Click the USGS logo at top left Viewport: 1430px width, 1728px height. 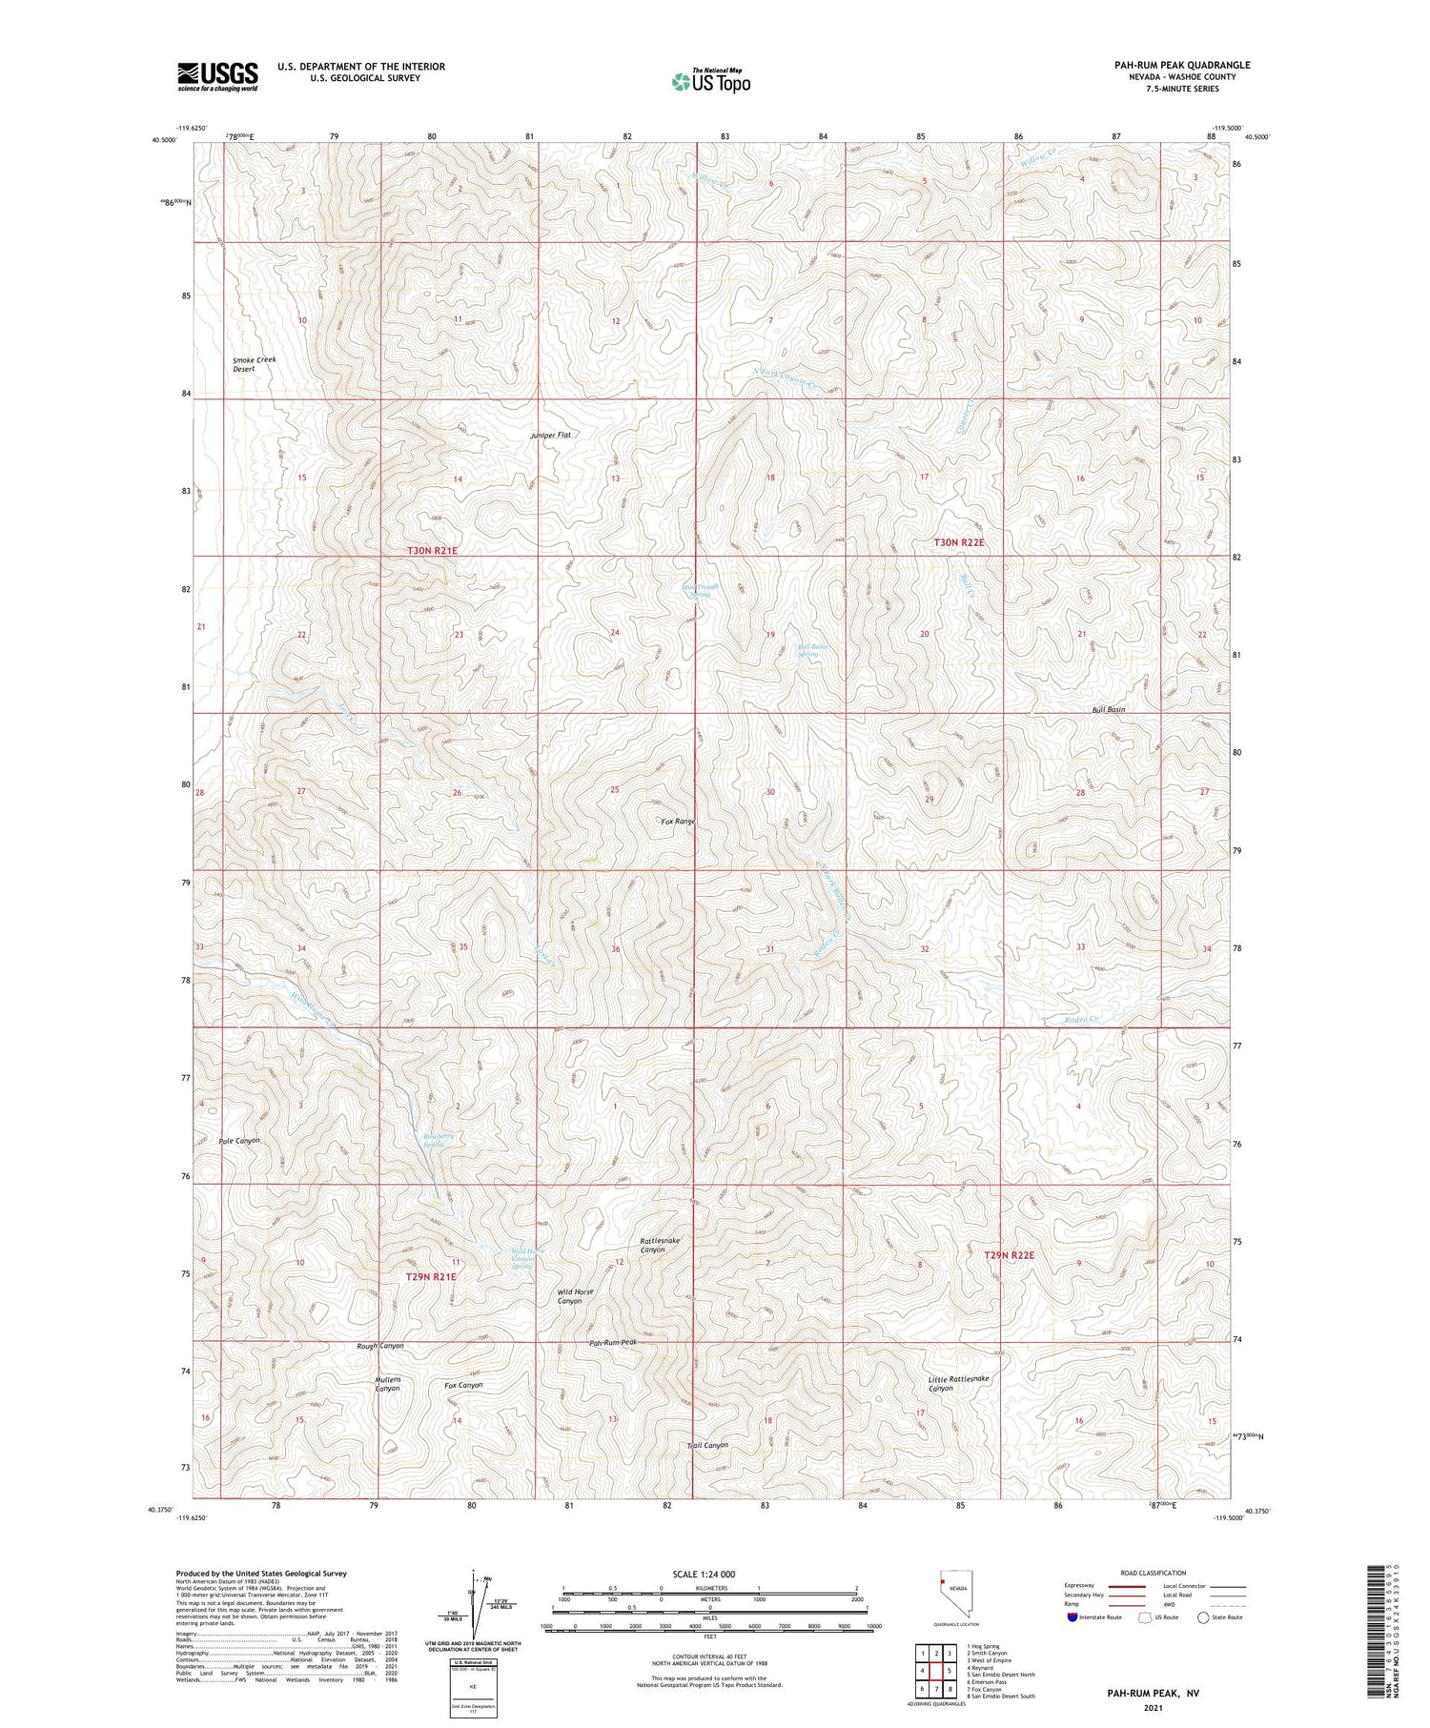coord(217,76)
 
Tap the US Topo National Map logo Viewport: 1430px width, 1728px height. coord(710,82)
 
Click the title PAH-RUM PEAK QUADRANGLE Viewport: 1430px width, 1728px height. coord(1182,65)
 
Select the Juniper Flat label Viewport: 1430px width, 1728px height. coord(551,435)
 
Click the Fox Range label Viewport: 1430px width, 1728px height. coord(679,821)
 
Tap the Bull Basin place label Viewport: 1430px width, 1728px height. coord(1109,710)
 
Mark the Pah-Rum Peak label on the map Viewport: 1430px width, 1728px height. coord(613,1342)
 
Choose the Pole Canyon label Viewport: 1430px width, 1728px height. coord(239,1140)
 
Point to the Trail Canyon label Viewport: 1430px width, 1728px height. coord(708,1445)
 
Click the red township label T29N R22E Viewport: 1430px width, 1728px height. coord(1009,1255)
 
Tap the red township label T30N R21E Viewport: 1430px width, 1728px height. coord(433,551)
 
